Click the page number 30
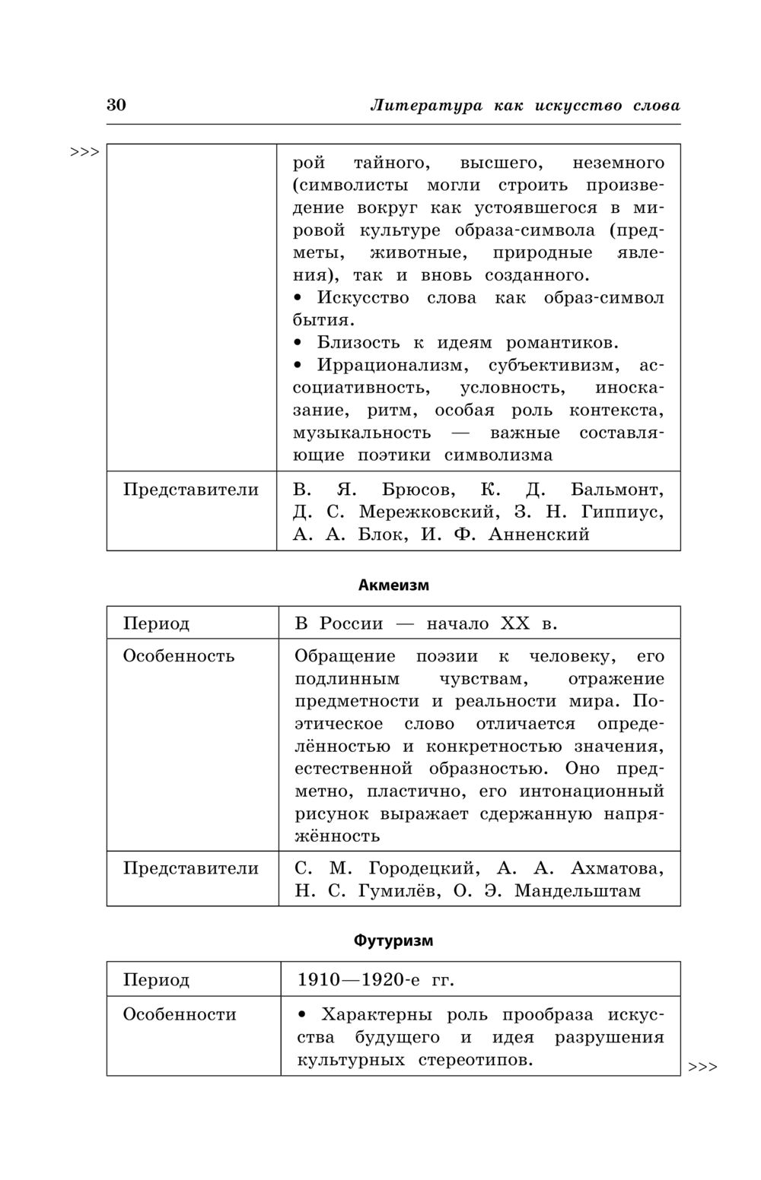coord(116,105)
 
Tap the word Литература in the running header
coord(426,106)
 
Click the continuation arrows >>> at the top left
coord(85,152)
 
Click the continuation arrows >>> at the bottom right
coord(702,1067)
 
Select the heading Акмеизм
coord(393,585)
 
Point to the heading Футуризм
coord(393,941)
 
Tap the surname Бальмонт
coord(617,489)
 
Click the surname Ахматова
coord(616,868)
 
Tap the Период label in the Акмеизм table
coord(156,624)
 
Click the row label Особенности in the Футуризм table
coord(180,1014)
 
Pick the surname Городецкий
coord(422,868)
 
